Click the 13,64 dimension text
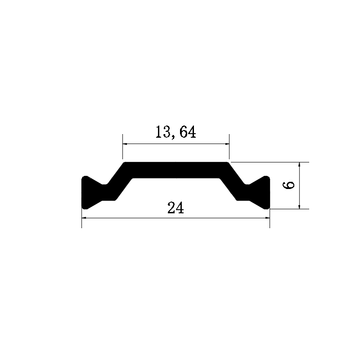175,132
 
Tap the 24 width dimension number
175,208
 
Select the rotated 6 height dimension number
288,185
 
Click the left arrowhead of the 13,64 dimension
125,144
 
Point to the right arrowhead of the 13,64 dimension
227,144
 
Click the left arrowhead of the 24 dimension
84,218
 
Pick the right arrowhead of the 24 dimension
267,218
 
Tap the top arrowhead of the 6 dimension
299,164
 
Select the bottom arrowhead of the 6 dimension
299,207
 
